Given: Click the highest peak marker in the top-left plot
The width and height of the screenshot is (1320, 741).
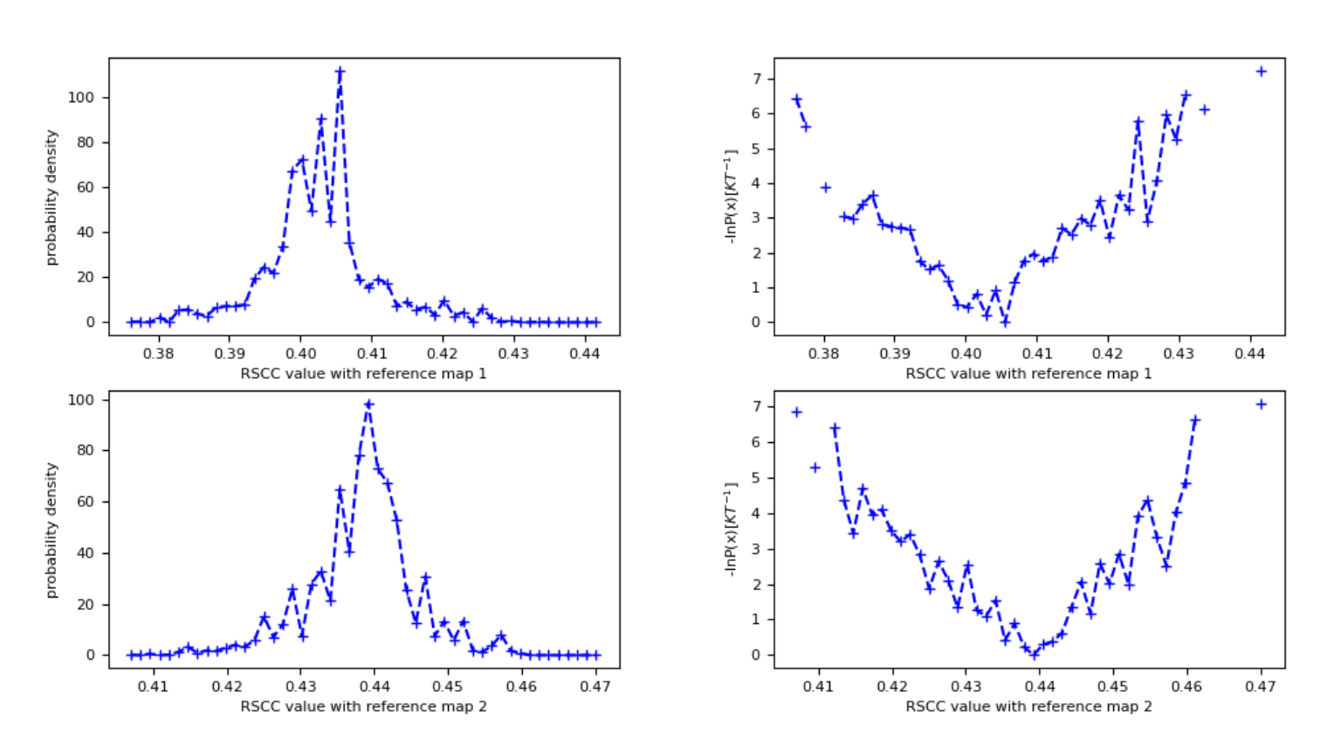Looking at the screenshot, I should tap(340, 72).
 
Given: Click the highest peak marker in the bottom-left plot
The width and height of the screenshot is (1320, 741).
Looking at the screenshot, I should tap(368, 405).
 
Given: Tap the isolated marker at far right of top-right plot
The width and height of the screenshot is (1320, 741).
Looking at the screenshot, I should tap(1261, 72).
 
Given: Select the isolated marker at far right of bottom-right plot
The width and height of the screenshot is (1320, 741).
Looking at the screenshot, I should tap(1261, 405).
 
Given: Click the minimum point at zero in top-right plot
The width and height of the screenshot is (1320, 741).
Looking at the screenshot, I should tap(1005, 322).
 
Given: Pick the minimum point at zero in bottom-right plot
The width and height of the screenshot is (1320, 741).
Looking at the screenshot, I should tap(1034, 654).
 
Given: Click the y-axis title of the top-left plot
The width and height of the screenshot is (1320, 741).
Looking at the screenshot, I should tap(52, 197).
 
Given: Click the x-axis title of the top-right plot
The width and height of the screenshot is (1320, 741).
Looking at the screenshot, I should tap(1028, 373).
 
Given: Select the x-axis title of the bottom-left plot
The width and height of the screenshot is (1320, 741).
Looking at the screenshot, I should tap(363, 706).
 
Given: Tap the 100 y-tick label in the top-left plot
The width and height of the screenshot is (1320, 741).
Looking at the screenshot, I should tap(81, 97).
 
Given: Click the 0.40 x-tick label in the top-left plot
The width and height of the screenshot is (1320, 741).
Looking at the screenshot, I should tap(300, 353).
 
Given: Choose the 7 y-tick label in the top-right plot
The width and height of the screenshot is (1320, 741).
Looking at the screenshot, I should tap(757, 79).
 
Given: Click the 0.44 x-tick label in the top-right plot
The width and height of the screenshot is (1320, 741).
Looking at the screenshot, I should tap(1249, 353).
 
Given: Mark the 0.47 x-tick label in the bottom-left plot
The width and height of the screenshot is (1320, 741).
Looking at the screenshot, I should tap(595, 686).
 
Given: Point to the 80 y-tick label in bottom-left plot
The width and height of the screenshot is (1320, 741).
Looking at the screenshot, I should tap(86, 451).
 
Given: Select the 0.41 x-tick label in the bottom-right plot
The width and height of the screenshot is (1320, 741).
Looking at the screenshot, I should tap(818, 686).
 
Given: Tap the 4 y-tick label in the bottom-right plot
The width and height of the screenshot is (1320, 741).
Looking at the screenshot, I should tap(757, 514).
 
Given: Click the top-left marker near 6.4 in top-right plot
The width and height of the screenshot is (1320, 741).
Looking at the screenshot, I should tap(796, 100).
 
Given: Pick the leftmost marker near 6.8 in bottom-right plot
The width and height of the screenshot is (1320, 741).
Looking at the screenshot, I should tap(796, 412).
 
